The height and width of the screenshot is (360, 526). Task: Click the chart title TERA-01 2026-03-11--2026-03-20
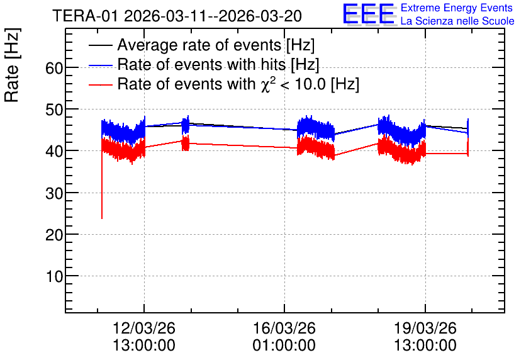pyautogui.click(x=177, y=16)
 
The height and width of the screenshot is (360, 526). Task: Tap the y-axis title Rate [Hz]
pyautogui.click(x=12, y=65)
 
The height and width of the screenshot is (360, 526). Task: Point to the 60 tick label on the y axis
pyautogui.click(x=54, y=69)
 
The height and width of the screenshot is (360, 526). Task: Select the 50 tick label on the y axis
pyautogui.click(x=54, y=110)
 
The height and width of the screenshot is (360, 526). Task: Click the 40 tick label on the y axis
pyautogui.click(x=54, y=152)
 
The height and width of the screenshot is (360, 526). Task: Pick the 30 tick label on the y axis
pyautogui.click(x=54, y=194)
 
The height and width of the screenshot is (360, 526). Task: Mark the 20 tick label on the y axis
pyautogui.click(x=54, y=235)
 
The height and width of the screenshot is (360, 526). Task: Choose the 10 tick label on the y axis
pyautogui.click(x=54, y=277)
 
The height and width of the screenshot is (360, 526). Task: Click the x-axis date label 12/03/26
pyautogui.click(x=144, y=328)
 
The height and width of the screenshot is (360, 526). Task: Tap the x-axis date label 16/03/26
pyautogui.click(x=284, y=328)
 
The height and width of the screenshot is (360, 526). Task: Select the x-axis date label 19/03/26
pyautogui.click(x=425, y=328)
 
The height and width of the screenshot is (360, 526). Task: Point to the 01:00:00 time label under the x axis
pyautogui.click(x=284, y=346)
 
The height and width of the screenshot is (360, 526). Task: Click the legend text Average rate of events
pyautogui.click(x=199, y=45)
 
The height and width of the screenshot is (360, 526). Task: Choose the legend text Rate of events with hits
pyautogui.click(x=201, y=64)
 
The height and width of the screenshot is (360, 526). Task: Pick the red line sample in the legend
pyautogui.click(x=101, y=85)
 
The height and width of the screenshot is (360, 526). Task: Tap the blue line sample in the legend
pyautogui.click(x=101, y=65)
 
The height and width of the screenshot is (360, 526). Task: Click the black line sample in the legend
pyautogui.click(x=101, y=45)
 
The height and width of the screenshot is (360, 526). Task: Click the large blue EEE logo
pyautogui.click(x=369, y=14)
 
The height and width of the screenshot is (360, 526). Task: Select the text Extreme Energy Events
pyautogui.click(x=457, y=8)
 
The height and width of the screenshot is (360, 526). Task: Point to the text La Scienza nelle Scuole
pyautogui.click(x=457, y=21)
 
